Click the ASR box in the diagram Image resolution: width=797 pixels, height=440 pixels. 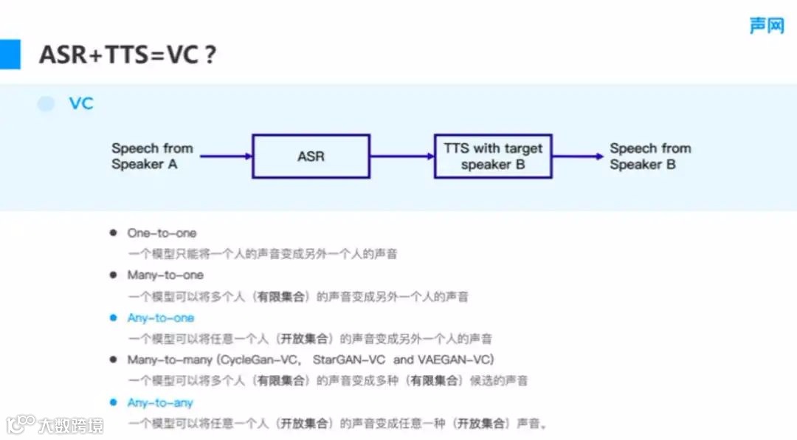pos(311,156)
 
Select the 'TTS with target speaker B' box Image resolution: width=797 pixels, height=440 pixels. pos(493,156)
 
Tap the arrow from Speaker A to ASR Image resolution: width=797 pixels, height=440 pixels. pos(226,156)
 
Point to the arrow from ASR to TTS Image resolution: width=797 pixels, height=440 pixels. pos(402,156)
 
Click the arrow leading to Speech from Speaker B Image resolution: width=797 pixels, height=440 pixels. pos(578,156)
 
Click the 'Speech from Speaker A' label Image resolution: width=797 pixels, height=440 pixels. pos(152,156)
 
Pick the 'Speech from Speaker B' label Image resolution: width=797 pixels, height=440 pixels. pos(650,156)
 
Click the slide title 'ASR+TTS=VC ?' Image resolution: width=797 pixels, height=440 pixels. pos(127,54)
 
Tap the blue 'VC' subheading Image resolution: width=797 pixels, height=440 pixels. pos(81,103)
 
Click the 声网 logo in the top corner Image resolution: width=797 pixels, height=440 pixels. pos(766,26)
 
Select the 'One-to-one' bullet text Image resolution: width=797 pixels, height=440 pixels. pos(162,233)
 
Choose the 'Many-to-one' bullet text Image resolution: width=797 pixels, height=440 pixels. pos(165,275)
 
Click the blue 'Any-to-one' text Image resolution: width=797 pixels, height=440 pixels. pos(161,318)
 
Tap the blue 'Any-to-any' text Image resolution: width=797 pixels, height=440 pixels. pos(160,403)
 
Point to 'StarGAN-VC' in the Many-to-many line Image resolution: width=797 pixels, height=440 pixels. pos(349,360)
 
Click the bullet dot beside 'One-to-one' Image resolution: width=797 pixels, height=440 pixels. pos(113,233)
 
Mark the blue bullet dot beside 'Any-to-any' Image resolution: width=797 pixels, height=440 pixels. pos(113,402)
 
